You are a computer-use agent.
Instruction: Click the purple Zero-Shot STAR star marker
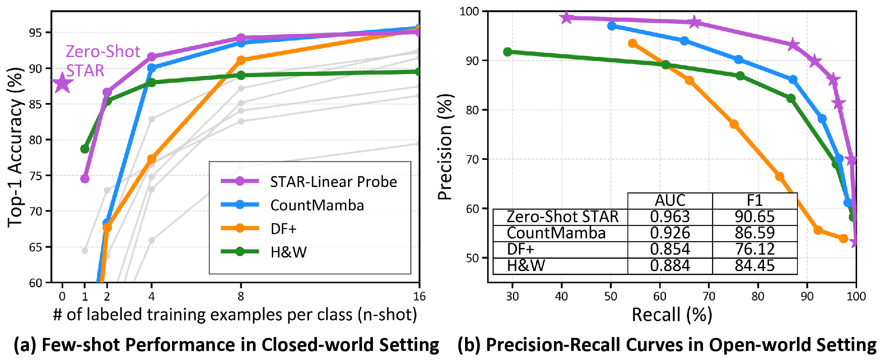click(x=62, y=83)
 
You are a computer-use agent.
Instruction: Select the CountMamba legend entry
click(x=317, y=205)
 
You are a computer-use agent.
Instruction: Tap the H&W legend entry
click(x=288, y=252)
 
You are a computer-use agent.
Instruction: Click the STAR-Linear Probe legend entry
click(x=333, y=182)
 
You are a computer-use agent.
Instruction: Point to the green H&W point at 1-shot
click(x=85, y=149)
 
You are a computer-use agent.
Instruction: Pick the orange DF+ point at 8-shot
click(x=241, y=60)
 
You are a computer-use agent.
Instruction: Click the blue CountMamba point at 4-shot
click(x=152, y=68)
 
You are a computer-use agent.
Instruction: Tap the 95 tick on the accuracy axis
click(x=36, y=33)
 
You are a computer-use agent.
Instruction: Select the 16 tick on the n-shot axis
click(x=419, y=296)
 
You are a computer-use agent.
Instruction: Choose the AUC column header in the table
click(x=670, y=200)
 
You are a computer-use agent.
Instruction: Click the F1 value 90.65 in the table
click(x=754, y=217)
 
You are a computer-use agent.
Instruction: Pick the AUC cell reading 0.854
click(x=670, y=249)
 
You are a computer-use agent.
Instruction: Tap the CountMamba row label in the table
click(x=556, y=233)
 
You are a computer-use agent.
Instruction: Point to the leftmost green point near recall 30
click(x=508, y=52)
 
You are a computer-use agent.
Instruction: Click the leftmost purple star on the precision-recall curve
click(x=566, y=18)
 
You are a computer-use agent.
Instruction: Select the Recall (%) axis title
click(x=671, y=314)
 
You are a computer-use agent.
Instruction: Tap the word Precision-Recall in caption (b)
click(x=553, y=345)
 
